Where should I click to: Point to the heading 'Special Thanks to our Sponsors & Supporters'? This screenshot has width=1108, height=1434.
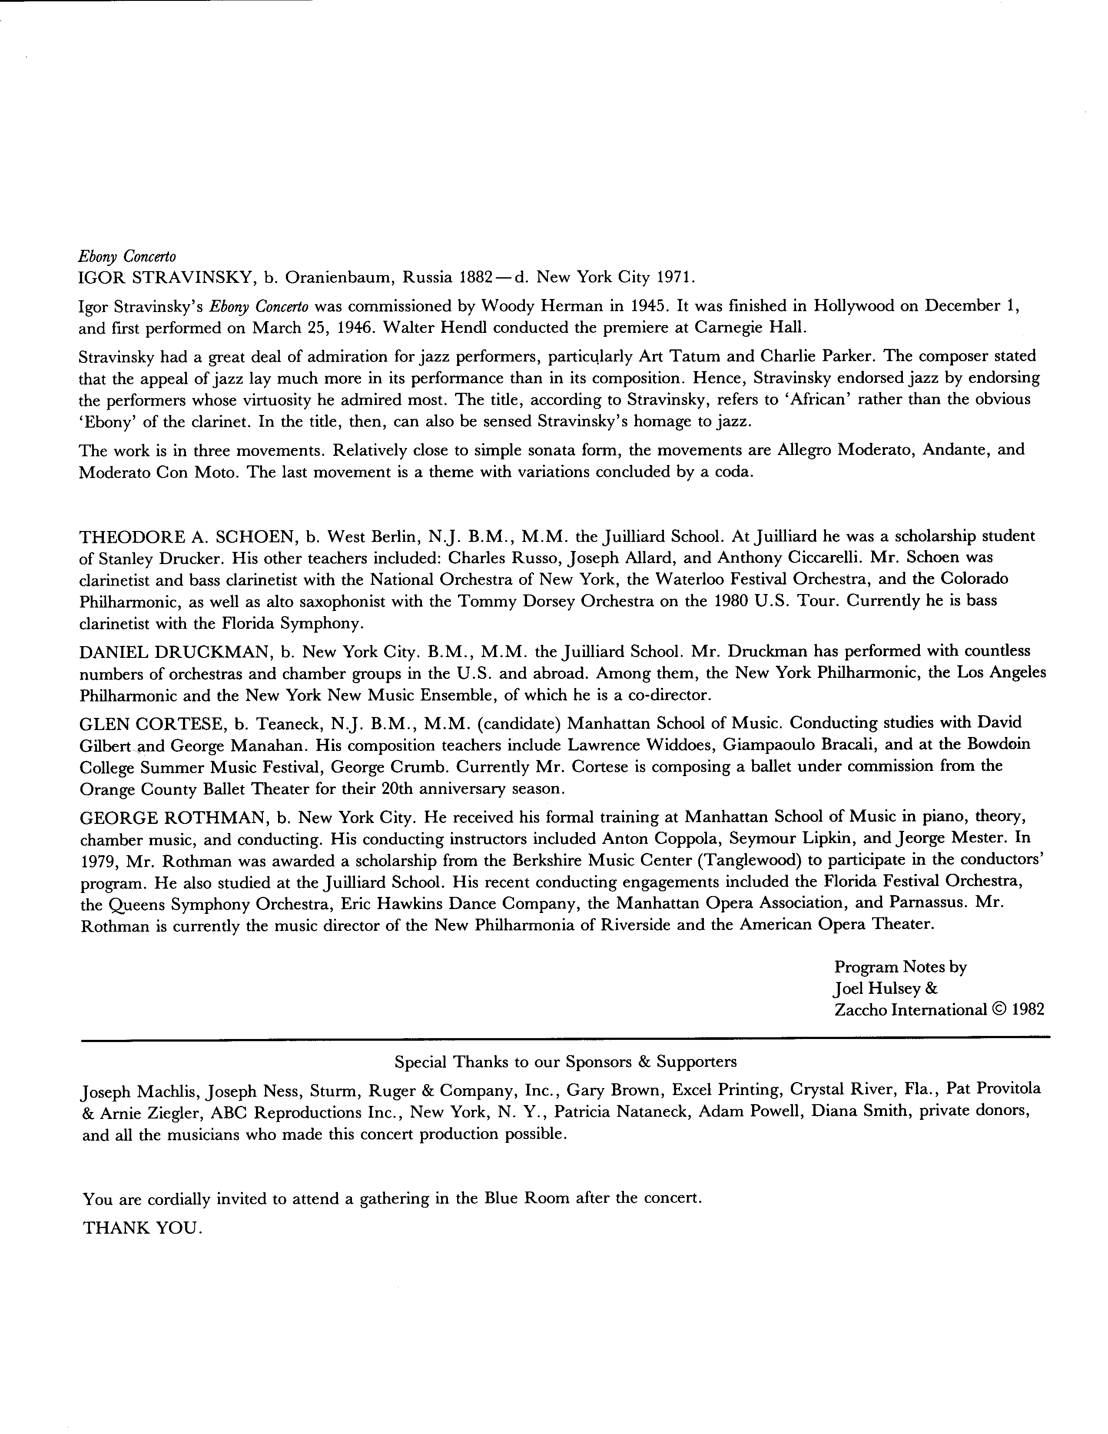[x=565, y=1062]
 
